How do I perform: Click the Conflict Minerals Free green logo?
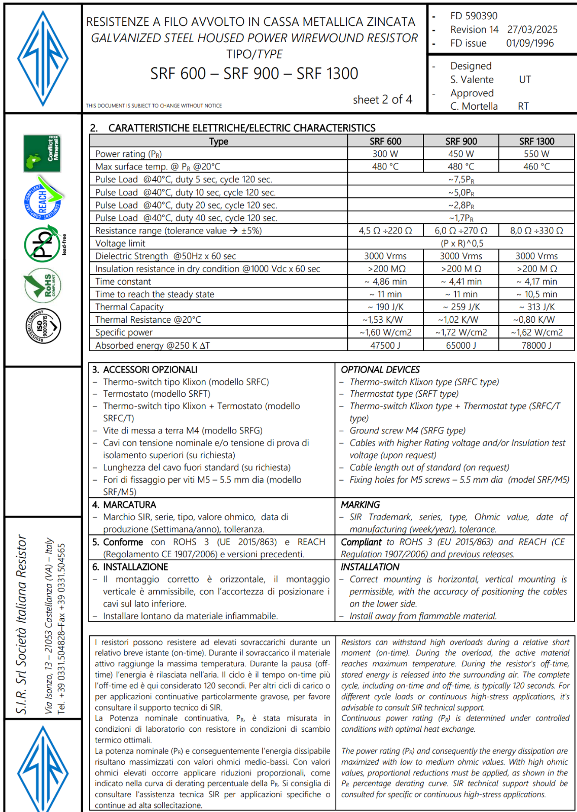click(42, 153)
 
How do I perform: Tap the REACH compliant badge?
click(43, 198)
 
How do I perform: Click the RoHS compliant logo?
click(43, 286)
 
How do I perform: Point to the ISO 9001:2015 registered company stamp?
click(43, 325)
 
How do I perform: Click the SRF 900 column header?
click(461, 141)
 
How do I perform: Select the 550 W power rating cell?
click(536, 154)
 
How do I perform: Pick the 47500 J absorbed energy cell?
click(385, 345)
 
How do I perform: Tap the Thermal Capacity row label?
click(129, 307)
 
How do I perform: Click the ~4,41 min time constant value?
click(461, 282)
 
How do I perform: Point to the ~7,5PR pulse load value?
click(461, 180)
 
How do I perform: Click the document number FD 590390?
click(474, 16)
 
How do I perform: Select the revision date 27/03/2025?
click(532, 29)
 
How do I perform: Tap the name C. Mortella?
click(474, 106)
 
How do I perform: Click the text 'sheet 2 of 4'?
click(382, 99)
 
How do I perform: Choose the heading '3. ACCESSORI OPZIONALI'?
click(145, 369)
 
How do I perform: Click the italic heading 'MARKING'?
click(360, 504)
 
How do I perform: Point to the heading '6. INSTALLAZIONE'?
click(130, 567)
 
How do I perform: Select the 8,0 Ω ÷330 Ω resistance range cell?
click(536, 230)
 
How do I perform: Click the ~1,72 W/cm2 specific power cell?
click(461, 332)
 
